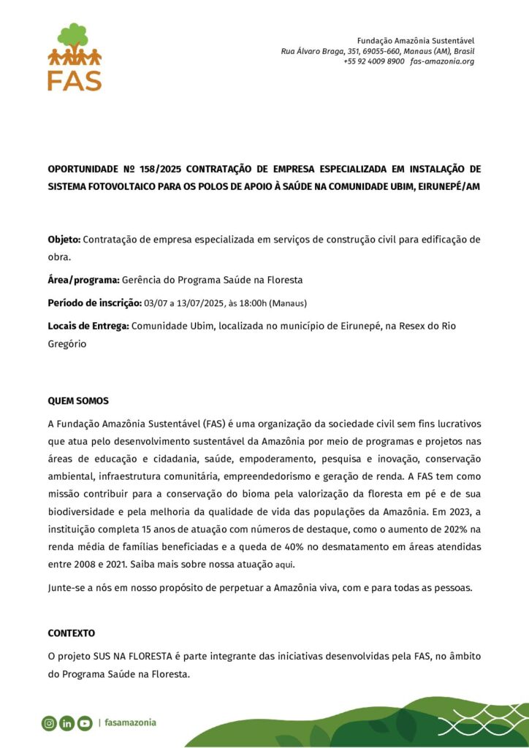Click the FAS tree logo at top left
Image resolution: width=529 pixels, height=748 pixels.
75,57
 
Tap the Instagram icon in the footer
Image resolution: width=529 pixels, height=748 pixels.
49,723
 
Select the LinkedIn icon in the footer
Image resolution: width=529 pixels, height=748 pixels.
67,723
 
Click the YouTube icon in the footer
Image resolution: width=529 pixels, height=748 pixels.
85,723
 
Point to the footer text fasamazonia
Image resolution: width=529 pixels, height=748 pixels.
130,723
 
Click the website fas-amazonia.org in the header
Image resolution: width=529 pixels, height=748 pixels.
442,61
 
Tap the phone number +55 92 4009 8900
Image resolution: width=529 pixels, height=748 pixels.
373,61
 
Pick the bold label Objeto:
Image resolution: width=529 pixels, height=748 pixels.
64,240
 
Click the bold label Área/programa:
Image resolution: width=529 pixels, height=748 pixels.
83,280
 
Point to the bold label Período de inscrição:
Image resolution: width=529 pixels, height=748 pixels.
95,302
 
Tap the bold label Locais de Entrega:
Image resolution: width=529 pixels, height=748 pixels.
88,326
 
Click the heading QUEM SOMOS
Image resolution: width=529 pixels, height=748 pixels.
78,401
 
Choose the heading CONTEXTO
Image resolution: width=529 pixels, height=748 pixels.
72,633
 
